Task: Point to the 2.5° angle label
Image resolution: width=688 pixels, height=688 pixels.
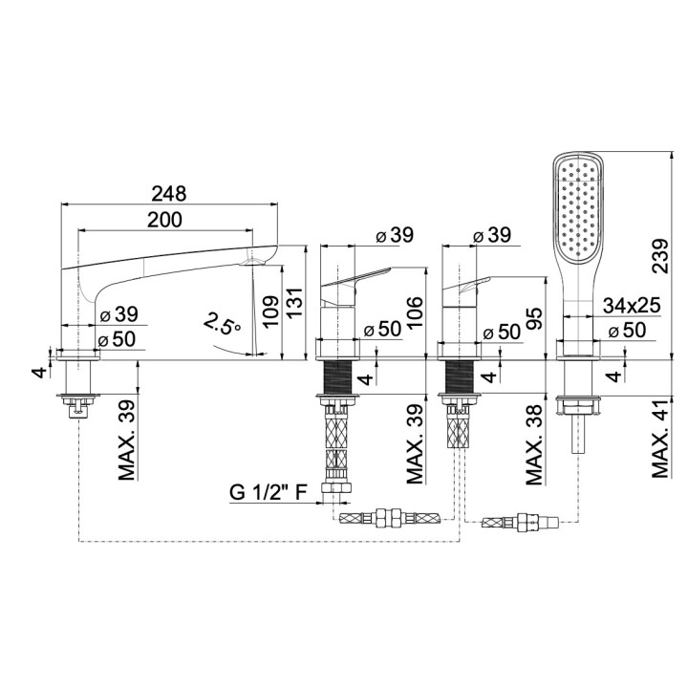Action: point(221,326)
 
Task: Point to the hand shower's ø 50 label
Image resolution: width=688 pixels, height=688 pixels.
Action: point(628,330)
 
